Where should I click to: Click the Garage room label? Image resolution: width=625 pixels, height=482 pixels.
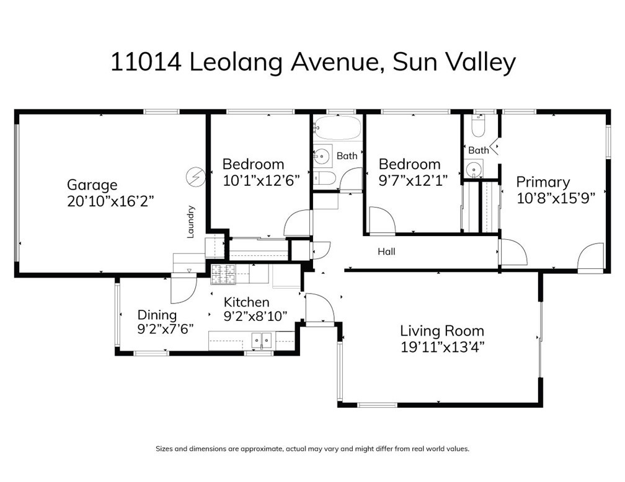pos(92,185)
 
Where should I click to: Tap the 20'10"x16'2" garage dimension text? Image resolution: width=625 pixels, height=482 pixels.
pos(110,201)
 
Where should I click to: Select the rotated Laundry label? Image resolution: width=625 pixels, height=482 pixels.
pos(191,222)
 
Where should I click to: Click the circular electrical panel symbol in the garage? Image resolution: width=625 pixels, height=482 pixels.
pos(196,177)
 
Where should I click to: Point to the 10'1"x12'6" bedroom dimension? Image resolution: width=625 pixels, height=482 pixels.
pos(260,181)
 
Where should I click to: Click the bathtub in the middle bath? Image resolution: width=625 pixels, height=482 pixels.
pos(337,128)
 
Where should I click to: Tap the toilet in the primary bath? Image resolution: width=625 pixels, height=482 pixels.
pos(477,126)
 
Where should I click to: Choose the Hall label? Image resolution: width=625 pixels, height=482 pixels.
pos(387,252)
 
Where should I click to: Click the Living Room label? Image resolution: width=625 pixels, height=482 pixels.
pos(442,331)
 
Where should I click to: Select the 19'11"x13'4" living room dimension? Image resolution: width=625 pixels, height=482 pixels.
pos(442,348)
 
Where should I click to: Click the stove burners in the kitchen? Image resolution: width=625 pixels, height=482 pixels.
pos(223,275)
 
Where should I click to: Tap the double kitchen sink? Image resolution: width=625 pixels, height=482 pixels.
pos(262,341)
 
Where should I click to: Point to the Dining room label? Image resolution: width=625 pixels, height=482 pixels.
pos(157,315)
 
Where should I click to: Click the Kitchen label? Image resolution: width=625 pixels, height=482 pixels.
pos(246,302)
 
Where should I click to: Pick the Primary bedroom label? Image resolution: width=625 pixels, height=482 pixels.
pos(543,182)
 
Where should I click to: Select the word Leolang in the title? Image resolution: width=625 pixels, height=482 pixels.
pos(236,63)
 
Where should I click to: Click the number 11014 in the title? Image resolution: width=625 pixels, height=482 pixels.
pos(146,63)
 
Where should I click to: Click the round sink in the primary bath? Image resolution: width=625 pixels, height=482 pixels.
pos(474,169)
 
